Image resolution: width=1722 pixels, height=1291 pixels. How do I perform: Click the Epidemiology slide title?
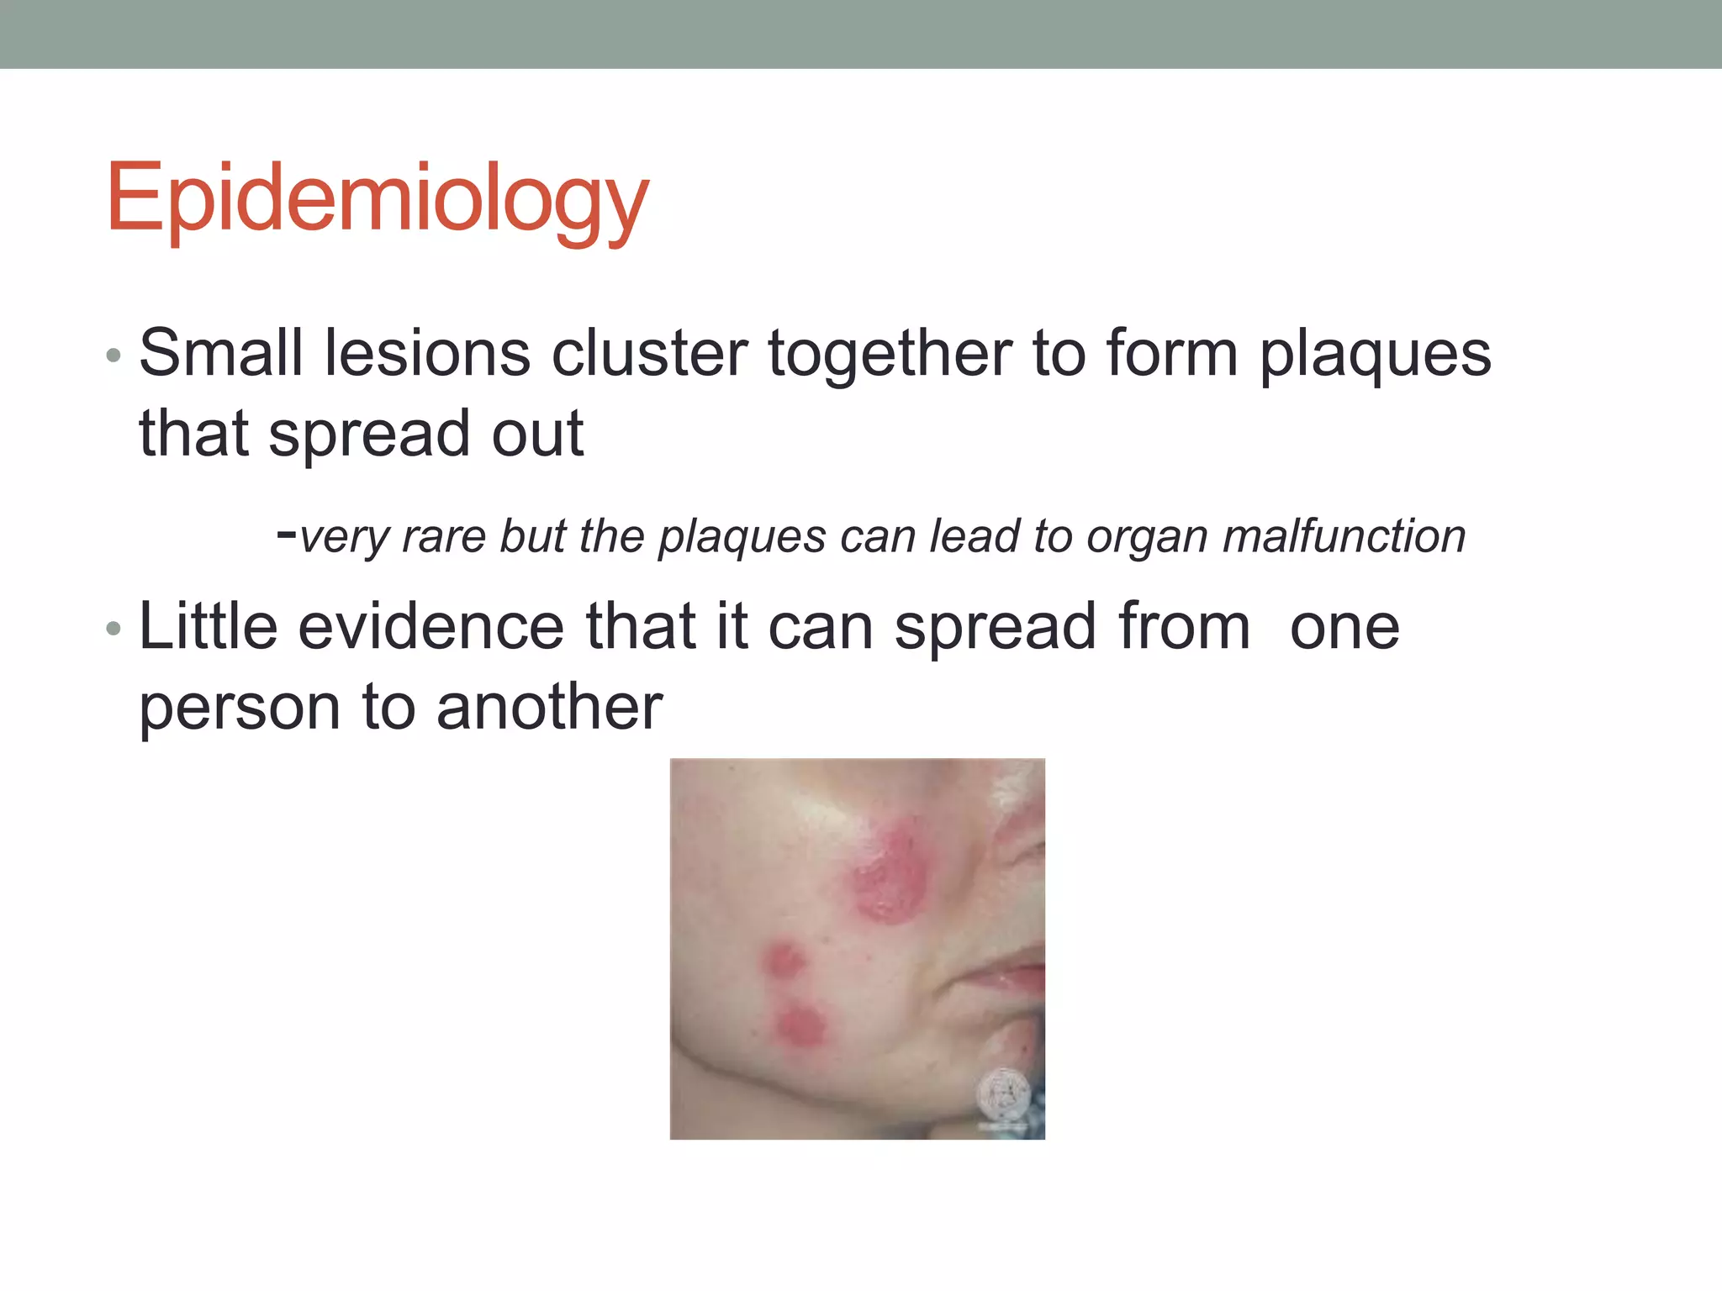(x=377, y=199)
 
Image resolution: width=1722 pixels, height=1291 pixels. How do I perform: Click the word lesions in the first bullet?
(x=427, y=353)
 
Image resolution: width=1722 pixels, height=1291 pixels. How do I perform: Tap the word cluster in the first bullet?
(x=648, y=353)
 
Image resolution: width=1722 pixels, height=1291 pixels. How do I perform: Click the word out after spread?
(x=537, y=435)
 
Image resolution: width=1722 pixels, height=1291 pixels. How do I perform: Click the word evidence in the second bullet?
(x=430, y=626)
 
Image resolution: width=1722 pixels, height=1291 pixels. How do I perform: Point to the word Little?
(x=208, y=626)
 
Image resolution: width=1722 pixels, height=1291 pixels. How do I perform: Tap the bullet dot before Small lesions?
(x=114, y=356)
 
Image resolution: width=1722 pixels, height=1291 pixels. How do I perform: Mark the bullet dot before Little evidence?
(x=114, y=629)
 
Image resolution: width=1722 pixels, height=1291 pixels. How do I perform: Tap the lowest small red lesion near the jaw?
(x=799, y=1025)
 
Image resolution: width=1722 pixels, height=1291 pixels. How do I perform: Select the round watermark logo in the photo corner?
(x=1003, y=1094)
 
